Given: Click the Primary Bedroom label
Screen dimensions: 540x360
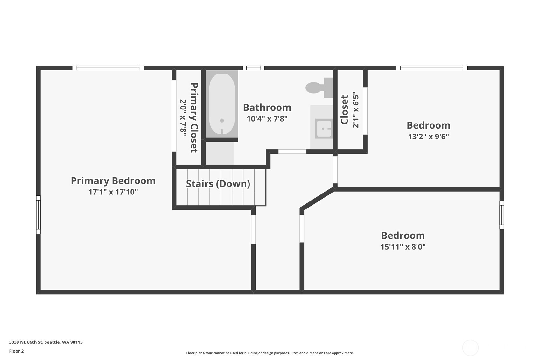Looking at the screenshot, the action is (x=113, y=181).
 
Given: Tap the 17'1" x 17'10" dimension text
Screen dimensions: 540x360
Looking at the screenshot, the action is (x=113, y=192).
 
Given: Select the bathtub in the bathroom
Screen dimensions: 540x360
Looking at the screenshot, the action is (x=222, y=104).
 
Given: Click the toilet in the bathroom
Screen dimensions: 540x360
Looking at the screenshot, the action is (x=319, y=88).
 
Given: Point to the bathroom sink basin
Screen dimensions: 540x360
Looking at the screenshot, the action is (x=324, y=128).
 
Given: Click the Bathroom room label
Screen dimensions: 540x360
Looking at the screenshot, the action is (x=267, y=108).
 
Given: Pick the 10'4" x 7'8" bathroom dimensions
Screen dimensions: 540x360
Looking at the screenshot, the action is (x=267, y=119).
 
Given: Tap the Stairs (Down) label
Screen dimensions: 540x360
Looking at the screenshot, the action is (x=218, y=184).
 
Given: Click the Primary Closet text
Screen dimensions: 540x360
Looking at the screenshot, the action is (x=194, y=118).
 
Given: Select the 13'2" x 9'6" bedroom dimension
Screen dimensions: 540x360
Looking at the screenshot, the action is (x=428, y=137).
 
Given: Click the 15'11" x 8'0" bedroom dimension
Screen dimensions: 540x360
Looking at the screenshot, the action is (x=403, y=247).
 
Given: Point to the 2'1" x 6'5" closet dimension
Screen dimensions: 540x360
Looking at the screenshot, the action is (x=356, y=110).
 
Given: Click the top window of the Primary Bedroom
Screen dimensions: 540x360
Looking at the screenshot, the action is (x=108, y=68).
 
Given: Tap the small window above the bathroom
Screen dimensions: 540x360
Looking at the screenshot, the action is (x=253, y=68).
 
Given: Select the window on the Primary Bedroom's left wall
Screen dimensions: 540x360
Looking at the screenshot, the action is (x=38, y=215).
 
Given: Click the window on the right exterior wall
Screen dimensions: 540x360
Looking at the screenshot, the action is (x=502, y=215).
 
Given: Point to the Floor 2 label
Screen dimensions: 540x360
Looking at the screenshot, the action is (x=17, y=351).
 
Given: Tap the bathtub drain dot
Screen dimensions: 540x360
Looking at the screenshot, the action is (x=222, y=121).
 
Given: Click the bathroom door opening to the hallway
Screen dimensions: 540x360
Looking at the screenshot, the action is (x=292, y=152).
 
